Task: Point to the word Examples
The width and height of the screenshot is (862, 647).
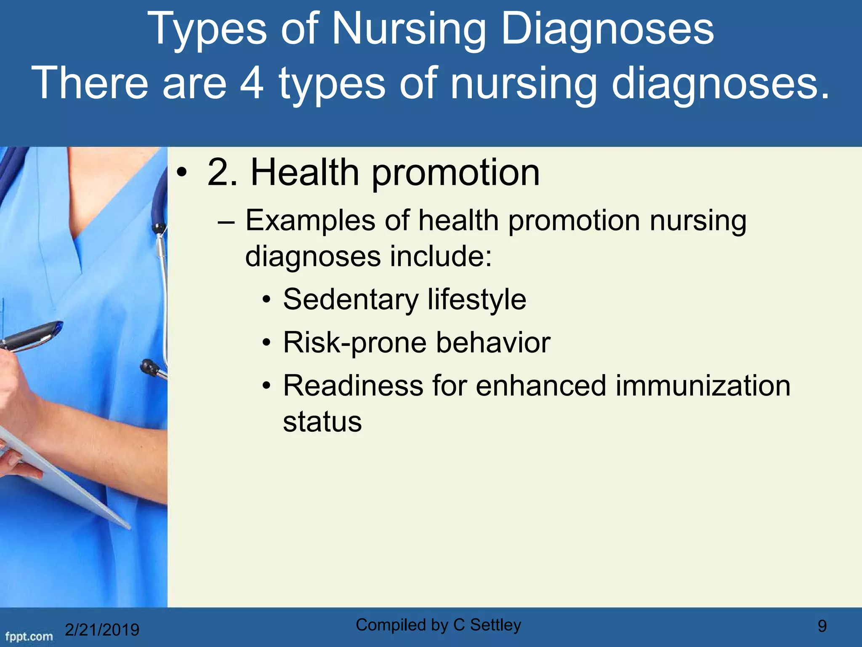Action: pyautogui.click(x=310, y=221)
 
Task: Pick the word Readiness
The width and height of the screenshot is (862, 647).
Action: pyautogui.click(x=353, y=386)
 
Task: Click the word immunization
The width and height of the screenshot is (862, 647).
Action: pyautogui.click(x=703, y=386)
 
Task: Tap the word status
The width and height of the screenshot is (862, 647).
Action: pyautogui.click(x=322, y=422)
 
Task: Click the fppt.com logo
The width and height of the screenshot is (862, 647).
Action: pyautogui.click(x=29, y=636)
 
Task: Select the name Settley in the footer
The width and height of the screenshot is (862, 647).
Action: pyautogui.click(x=495, y=625)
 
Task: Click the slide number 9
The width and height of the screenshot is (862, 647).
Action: pyautogui.click(x=822, y=626)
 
